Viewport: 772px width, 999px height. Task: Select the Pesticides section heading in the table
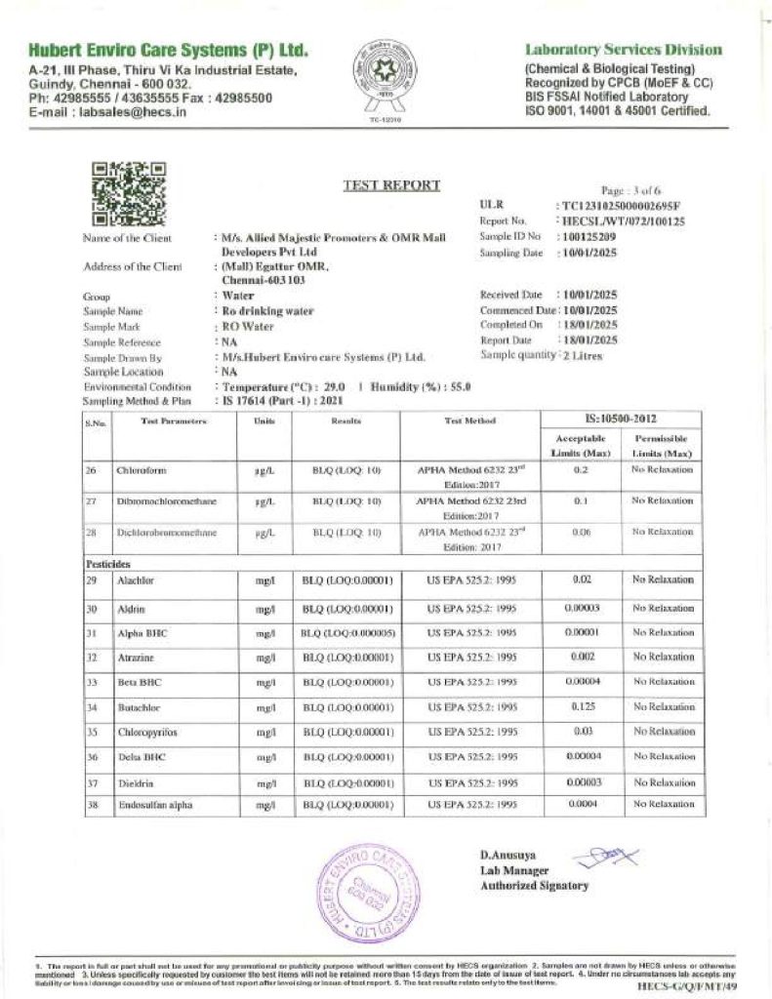pyautogui.click(x=107, y=563)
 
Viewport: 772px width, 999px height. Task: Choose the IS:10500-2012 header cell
pyautogui.click(x=622, y=418)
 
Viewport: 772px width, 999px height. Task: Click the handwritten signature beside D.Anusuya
pyautogui.click(x=603, y=858)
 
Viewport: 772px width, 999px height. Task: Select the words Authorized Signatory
pyautogui.click(x=533, y=886)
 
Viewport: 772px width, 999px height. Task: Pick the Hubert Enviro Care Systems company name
pyautogui.click(x=169, y=50)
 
